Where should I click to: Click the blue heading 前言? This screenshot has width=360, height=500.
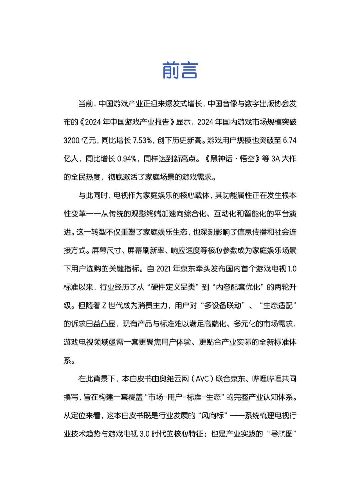[x=180, y=71]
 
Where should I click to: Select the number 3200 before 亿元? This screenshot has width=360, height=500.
[x=71, y=140]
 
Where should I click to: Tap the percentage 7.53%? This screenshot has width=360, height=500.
[x=142, y=140]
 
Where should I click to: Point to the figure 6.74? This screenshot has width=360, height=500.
[x=289, y=140]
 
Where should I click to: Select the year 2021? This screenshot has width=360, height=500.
[x=163, y=269]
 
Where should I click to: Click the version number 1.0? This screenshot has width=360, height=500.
[x=292, y=269]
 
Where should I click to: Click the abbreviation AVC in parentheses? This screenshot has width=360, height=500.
[x=202, y=379]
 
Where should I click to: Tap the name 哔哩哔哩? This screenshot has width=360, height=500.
[x=266, y=379]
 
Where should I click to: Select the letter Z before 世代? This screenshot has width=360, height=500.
[x=104, y=306]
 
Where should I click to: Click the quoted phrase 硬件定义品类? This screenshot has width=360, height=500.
[x=173, y=287]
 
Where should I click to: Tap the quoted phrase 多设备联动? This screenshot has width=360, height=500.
[x=223, y=306]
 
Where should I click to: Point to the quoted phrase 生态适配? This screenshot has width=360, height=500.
[x=278, y=306]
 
